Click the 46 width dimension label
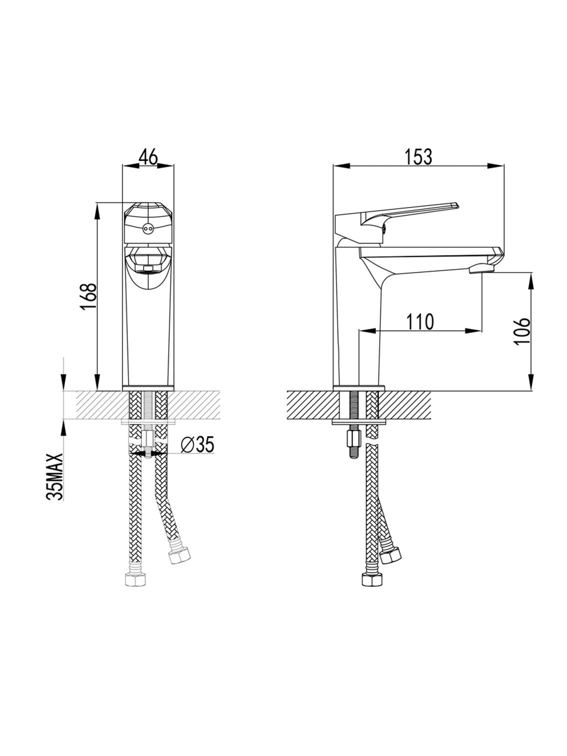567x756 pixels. (148, 157)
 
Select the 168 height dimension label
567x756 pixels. (88, 297)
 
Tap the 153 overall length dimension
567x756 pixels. (418, 157)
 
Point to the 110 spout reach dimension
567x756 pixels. (420, 321)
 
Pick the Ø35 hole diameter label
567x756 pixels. (197, 444)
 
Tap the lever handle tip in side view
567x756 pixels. (456, 205)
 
